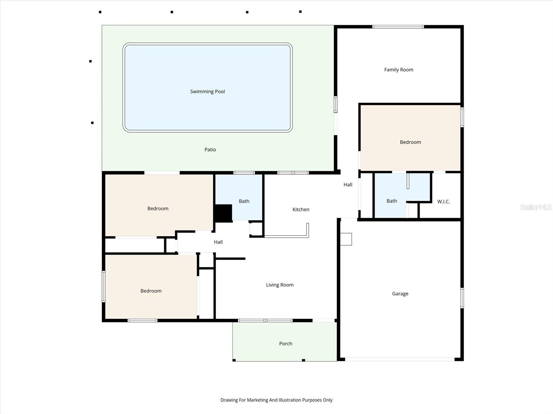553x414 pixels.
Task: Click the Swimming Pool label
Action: (207, 91)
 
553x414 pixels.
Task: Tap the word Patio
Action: (210, 149)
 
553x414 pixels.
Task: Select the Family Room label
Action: (399, 70)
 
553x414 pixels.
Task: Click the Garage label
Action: (400, 294)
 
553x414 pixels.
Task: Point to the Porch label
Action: (285, 344)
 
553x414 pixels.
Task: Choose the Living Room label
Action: (280, 285)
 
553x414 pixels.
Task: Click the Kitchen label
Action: (301, 209)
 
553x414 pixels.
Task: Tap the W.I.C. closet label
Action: (443, 201)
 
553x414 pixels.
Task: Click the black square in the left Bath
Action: (223, 213)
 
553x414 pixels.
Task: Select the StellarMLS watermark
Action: (536, 207)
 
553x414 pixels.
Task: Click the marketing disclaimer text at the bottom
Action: (276, 400)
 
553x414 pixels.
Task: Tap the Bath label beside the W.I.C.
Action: (392, 201)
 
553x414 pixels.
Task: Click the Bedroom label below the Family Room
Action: (410, 142)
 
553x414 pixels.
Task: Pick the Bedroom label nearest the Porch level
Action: (151, 291)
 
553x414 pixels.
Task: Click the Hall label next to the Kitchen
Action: (348, 185)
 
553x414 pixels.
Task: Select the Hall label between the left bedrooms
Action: (218, 242)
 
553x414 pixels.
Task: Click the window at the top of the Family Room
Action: (398, 27)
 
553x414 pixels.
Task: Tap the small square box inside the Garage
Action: (346, 239)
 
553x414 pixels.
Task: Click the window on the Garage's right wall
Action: (462, 298)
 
